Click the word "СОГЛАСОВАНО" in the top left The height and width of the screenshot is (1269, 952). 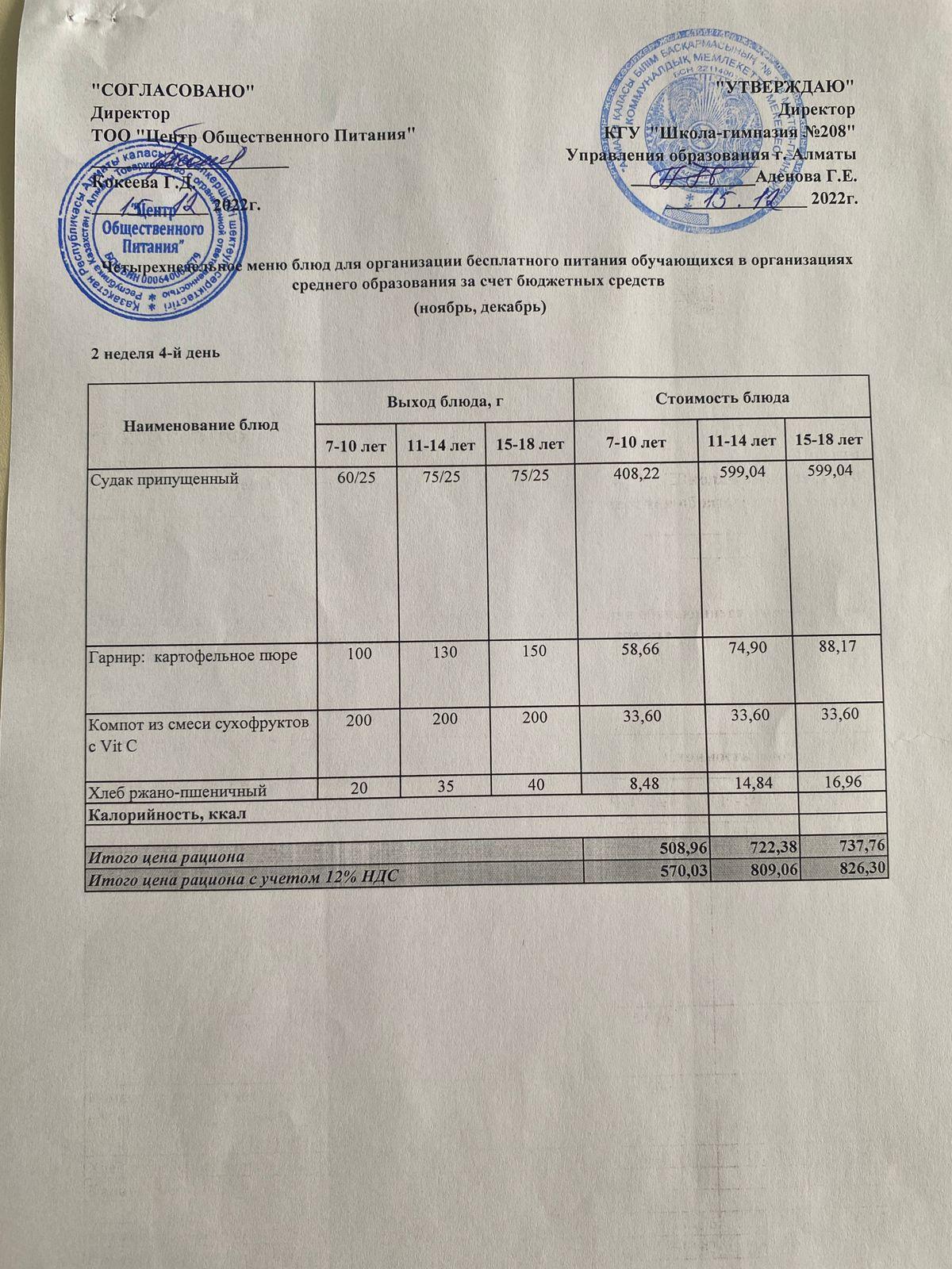click(174, 89)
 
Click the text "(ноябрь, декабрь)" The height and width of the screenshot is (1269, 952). click(481, 309)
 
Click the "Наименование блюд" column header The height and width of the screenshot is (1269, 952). click(202, 424)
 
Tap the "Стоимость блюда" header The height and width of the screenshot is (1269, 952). click(723, 397)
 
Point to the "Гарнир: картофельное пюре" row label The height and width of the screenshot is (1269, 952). click(193, 654)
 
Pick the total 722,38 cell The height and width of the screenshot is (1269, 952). click(752, 850)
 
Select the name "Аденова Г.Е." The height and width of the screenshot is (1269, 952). click(805, 175)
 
